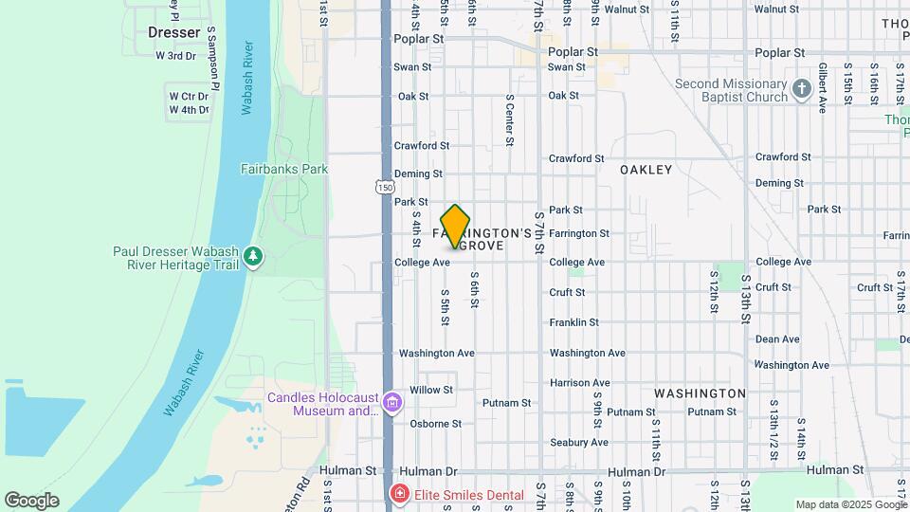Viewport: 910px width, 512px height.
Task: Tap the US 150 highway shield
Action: tap(384, 187)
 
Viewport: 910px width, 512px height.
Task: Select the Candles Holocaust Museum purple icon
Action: tap(391, 405)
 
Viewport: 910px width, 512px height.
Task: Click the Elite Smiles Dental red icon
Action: tap(400, 495)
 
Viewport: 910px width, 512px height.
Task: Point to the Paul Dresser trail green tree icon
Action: tap(252, 257)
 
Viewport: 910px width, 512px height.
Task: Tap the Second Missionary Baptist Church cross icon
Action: tap(802, 90)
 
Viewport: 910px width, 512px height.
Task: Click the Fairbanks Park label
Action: tap(283, 169)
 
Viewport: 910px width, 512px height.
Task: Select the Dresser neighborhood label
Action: tap(174, 32)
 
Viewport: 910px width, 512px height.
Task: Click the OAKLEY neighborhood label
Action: tap(646, 170)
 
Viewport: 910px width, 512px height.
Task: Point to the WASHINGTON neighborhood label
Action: tap(700, 393)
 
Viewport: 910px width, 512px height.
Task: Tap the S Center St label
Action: tap(510, 120)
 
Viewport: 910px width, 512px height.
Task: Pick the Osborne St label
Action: tap(435, 424)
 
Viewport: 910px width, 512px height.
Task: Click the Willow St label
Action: tap(431, 390)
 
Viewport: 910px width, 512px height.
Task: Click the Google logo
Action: tap(31, 501)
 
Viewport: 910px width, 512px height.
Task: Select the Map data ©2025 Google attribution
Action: tap(851, 505)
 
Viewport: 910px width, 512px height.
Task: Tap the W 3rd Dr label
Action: tap(175, 56)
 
